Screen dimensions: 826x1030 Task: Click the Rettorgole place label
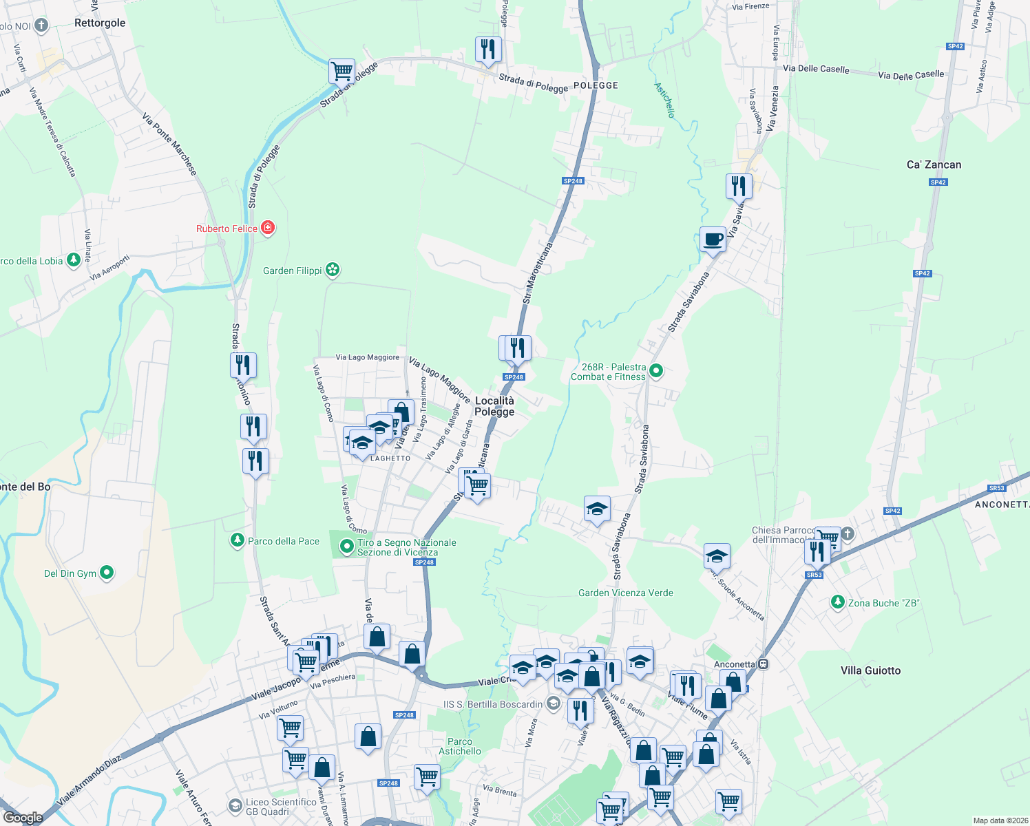click(100, 23)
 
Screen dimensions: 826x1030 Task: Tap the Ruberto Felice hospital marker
click(268, 228)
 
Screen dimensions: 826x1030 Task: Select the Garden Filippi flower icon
click(333, 270)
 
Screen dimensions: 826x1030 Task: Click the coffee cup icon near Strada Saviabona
click(713, 240)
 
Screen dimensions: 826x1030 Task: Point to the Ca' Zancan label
click(934, 165)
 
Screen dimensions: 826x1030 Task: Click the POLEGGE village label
click(596, 85)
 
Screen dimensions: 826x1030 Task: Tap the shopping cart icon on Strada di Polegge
click(341, 70)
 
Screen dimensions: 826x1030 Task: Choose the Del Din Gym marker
click(107, 572)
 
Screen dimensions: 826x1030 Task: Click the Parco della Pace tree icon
click(238, 541)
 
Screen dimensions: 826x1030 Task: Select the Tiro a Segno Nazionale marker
click(347, 547)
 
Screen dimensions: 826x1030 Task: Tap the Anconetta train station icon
click(763, 664)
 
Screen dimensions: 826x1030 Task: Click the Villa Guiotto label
click(870, 670)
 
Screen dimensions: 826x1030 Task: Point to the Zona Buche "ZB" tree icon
click(837, 602)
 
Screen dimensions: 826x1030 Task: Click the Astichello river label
click(664, 100)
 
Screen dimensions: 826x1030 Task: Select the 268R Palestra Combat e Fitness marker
click(656, 371)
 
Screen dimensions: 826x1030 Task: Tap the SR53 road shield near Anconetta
click(814, 575)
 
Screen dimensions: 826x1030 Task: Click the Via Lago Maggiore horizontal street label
click(367, 357)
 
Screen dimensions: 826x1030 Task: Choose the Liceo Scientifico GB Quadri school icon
click(235, 805)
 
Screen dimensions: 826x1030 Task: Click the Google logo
click(23, 817)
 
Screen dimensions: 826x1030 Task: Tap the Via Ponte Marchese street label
click(169, 144)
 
